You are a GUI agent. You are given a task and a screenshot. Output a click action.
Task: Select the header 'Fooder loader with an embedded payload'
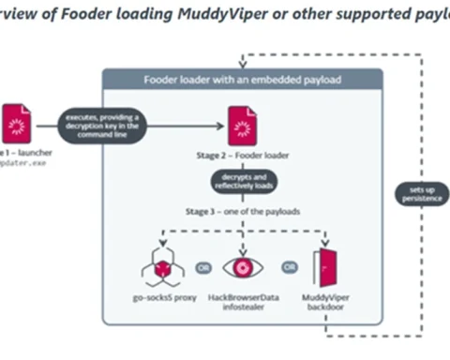click(x=242, y=79)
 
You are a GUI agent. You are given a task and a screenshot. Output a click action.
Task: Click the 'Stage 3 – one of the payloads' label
click(x=242, y=212)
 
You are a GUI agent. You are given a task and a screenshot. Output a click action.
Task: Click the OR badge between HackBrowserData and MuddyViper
click(x=290, y=266)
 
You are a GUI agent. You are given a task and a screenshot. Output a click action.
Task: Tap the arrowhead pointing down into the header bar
click(x=242, y=65)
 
